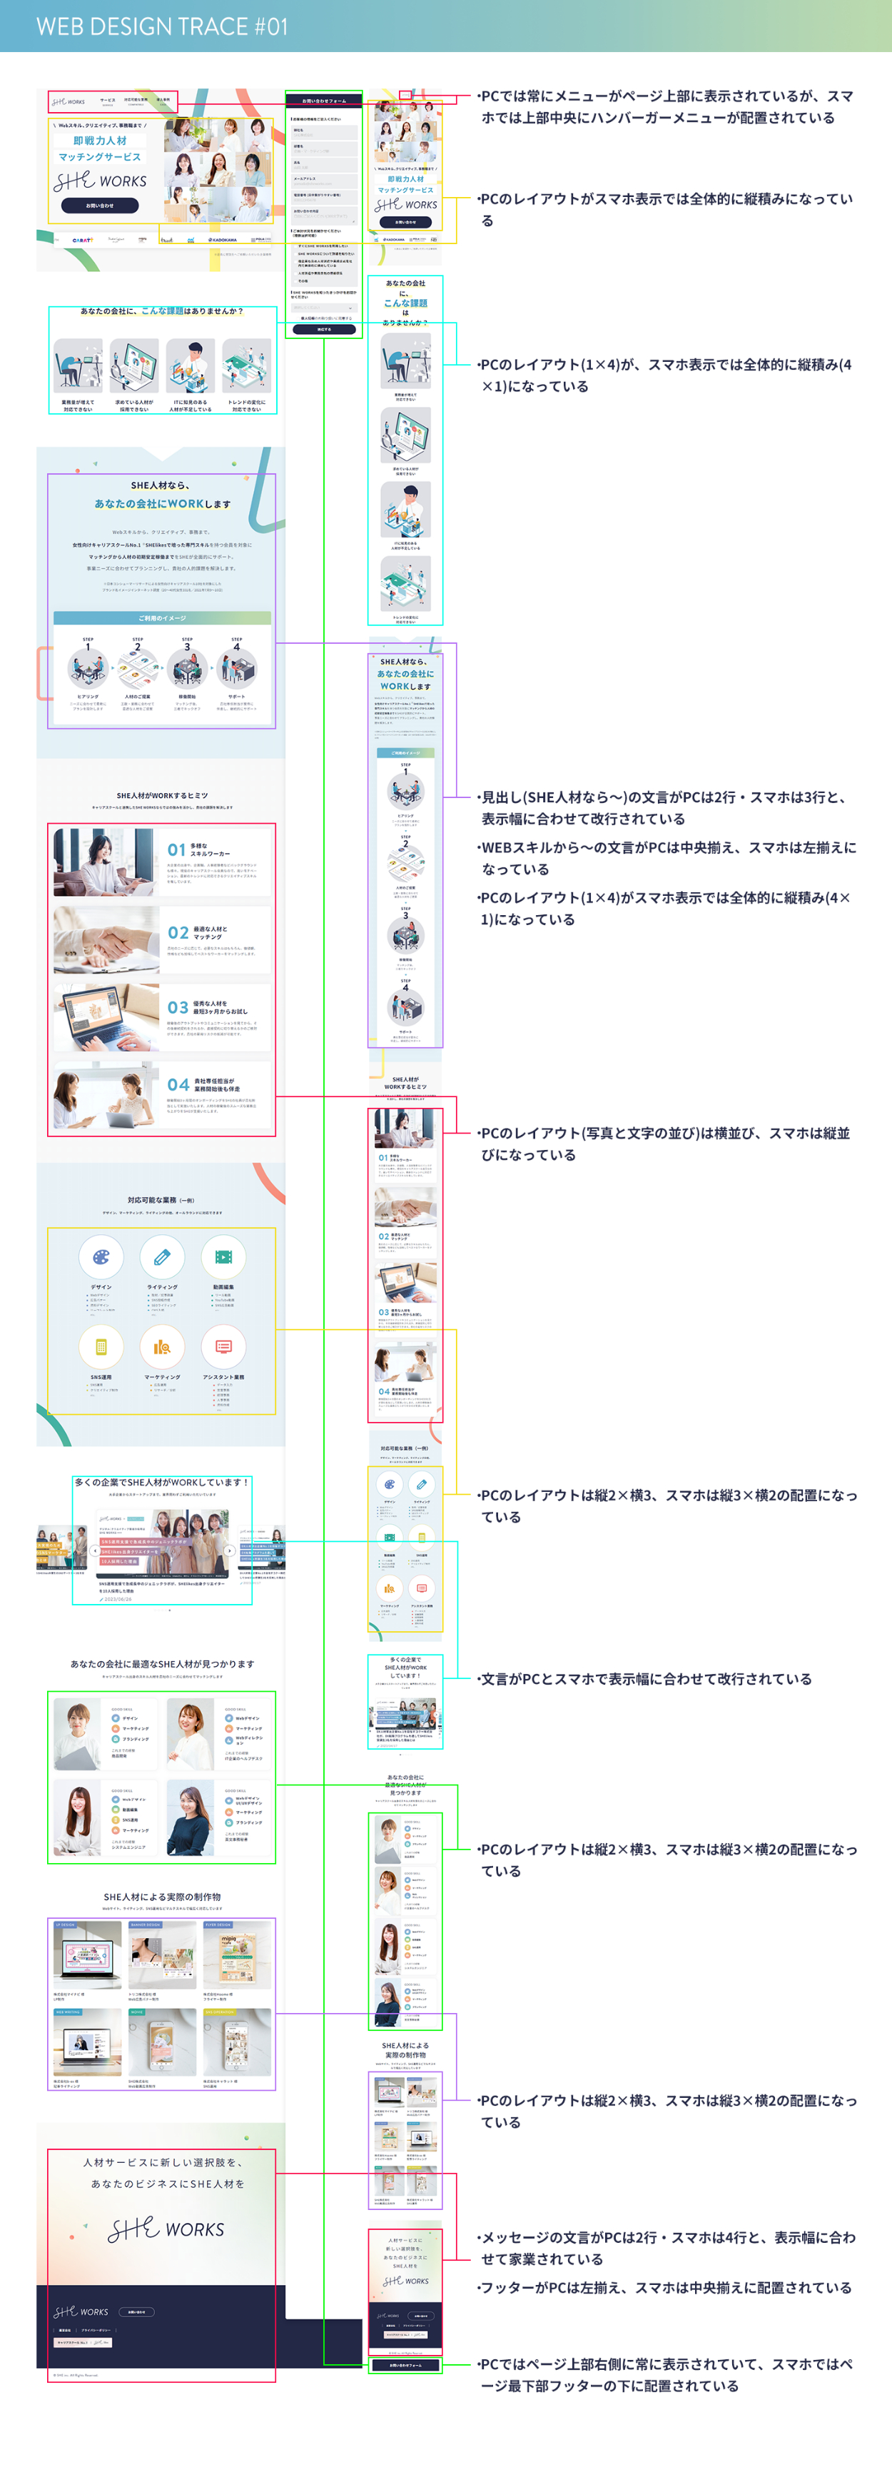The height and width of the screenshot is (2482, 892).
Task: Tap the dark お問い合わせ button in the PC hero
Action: [99, 206]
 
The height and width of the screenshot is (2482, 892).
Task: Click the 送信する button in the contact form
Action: [324, 330]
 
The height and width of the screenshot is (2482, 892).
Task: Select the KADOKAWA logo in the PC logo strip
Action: [223, 240]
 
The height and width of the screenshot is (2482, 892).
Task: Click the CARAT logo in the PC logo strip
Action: [83, 240]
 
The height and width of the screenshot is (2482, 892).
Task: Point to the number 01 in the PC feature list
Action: [176, 849]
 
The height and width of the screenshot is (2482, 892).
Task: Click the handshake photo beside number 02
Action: [106, 937]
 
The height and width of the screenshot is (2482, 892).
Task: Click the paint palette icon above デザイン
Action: [101, 1257]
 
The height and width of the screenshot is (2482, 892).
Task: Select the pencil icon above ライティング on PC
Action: [162, 1257]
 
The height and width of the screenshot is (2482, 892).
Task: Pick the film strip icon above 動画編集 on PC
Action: [223, 1257]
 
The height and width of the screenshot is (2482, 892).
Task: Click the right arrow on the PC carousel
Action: [229, 1551]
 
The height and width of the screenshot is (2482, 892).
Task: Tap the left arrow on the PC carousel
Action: [94, 1551]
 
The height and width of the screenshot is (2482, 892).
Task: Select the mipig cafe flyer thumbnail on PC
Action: [237, 1956]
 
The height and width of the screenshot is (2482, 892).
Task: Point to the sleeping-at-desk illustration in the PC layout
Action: [77, 364]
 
